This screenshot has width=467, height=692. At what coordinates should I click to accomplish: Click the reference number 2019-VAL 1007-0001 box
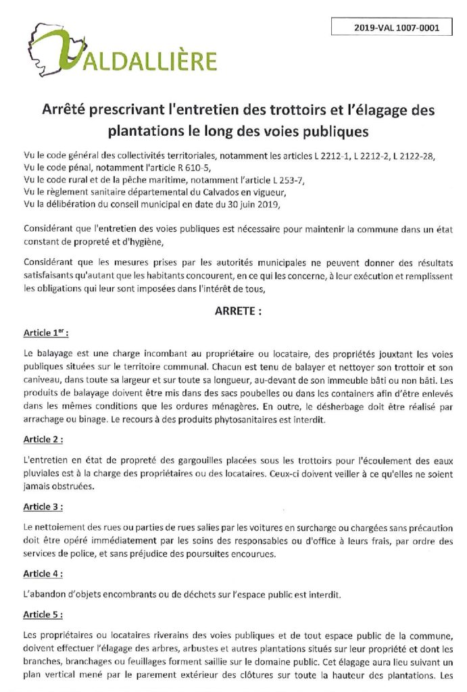(395, 28)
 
